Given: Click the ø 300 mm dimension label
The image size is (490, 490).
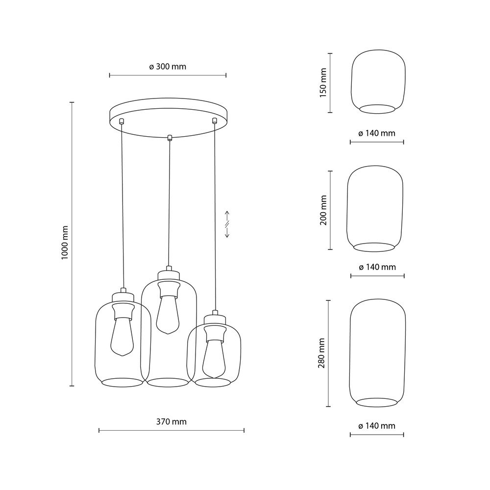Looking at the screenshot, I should [x=168, y=67].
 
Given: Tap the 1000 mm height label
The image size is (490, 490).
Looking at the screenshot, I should [x=65, y=244].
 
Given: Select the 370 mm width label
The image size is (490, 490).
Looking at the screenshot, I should [x=171, y=421].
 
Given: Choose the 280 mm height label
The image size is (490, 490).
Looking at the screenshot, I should [x=322, y=353].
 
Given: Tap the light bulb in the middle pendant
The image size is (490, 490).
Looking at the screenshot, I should [x=167, y=313].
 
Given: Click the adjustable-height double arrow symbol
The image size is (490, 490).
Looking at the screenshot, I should [x=227, y=224].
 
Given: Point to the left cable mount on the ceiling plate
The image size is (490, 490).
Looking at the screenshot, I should [x=122, y=121].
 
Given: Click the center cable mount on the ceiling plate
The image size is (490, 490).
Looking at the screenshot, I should [x=170, y=137].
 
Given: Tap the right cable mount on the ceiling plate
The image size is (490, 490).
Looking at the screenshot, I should [x=214, y=120].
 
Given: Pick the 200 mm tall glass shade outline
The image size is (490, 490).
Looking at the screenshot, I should [x=375, y=208].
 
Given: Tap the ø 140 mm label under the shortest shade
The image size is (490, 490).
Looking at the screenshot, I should [x=376, y=133].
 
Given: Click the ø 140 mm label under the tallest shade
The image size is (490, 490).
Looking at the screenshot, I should [x=376, y=426].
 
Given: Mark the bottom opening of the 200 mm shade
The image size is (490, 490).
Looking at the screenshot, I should [x=374, y=247].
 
